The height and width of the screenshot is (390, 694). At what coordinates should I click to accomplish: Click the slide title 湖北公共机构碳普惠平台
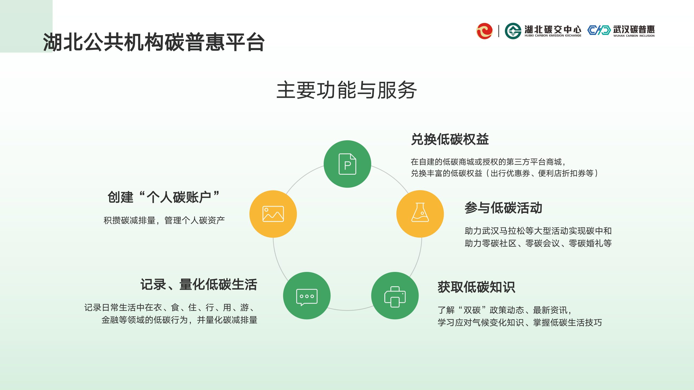(154, 42)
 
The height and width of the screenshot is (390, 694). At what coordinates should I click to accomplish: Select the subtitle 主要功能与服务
(346, 90)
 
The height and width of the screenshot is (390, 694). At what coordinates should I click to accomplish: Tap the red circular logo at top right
(484, 31)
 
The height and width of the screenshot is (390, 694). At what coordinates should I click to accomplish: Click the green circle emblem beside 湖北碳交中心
(513, 31)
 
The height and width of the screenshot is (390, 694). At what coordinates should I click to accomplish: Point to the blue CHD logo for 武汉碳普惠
(599, 30)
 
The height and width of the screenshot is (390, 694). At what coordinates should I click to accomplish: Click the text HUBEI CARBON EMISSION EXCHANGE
(553, 35)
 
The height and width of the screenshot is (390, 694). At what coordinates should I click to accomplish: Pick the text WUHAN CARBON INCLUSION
(634, 36)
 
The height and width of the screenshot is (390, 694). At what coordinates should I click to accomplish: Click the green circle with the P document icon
(347, 164)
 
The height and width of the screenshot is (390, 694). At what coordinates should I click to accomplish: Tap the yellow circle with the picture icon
(273, 214)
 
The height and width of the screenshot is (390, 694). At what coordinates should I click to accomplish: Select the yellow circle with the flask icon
(420, 214)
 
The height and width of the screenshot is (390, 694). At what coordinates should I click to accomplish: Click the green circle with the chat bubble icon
(307, 295)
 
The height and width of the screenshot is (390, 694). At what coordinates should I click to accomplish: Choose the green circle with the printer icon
(395, 295)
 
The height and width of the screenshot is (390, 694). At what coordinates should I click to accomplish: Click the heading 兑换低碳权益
(450, 139)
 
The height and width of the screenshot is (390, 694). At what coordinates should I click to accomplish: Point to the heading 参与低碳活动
(503, 208)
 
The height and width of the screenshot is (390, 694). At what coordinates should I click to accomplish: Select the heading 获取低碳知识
(476, 287)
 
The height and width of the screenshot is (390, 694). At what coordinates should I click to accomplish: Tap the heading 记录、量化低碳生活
(199, 285)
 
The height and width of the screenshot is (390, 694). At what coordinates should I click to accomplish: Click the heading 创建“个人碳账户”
(163, 197)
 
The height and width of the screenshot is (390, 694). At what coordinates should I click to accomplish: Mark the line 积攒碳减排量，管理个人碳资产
(164, 220)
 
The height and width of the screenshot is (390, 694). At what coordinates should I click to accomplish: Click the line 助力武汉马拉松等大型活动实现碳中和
(538, 231)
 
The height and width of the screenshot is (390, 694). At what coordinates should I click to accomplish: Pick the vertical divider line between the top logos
(499, 31)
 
